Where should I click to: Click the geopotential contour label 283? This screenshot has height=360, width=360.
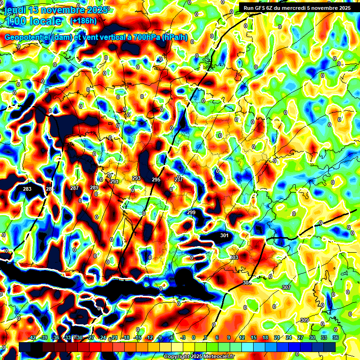click(x=27, y=189)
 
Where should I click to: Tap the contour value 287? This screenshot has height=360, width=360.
click(x=75, y=188)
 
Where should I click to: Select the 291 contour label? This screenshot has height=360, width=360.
click(x=114, y=181)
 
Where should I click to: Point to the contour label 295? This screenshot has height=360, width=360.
click(x=156, y=180)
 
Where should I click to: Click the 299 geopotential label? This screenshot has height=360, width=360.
click(x=191, y=212)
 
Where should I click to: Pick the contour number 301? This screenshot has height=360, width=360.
click(x=224, y=235)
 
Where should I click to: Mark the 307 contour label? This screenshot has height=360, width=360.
click(x=286, y=287)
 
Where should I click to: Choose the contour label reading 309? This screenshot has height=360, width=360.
click(x=304, y=320)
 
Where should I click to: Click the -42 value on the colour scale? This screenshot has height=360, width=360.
click(x=32, y=338)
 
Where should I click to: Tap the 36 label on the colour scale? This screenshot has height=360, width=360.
click(x=336, y=338)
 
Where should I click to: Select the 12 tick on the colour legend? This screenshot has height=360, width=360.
click(x=242, y=338)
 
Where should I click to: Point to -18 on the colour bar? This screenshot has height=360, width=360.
click(x=126, y=338)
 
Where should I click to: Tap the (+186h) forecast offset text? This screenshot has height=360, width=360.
click(x=83, y=21)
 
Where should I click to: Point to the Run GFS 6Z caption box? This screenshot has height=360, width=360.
click(x=297, y=8)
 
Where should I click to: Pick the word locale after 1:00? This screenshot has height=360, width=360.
click(x=45, y=22)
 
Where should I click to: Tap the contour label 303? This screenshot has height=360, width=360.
click(x=234, y=258)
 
